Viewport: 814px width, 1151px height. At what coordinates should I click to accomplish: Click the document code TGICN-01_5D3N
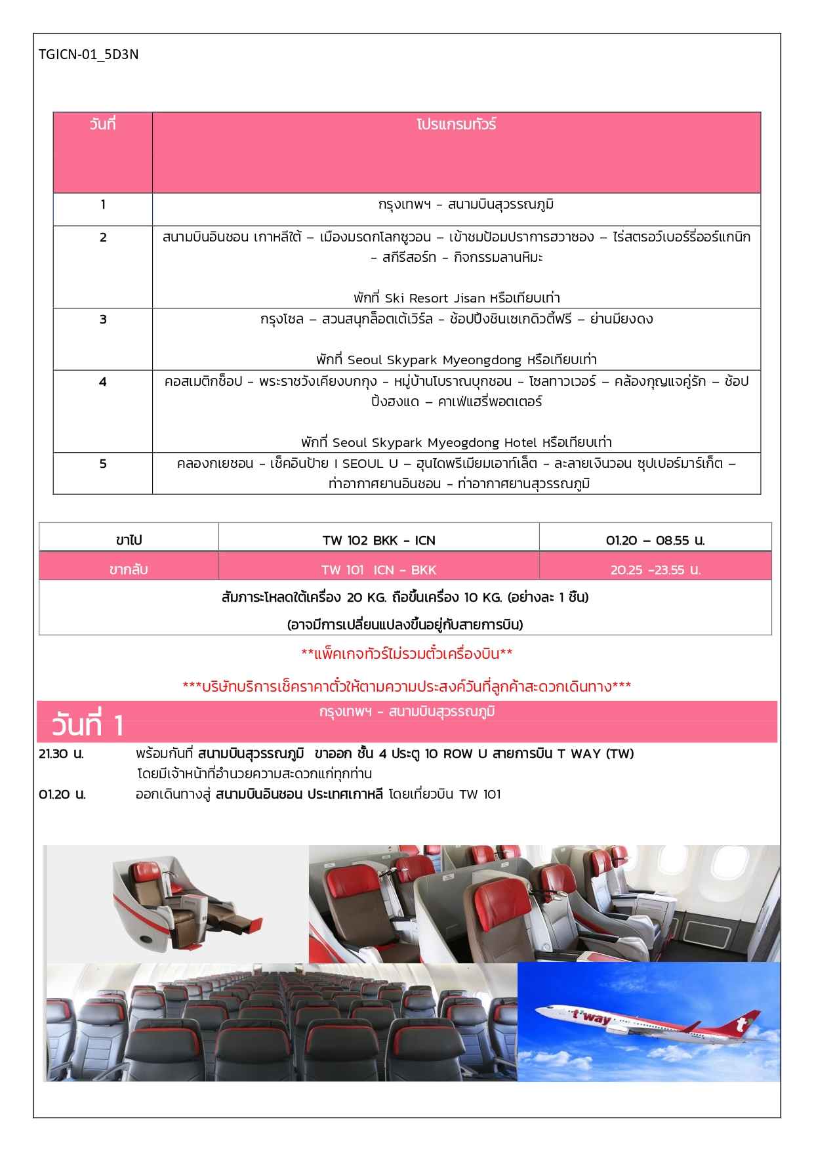(x=89, y=54)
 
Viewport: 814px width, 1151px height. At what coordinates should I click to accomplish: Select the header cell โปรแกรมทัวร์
(x=456, y=124)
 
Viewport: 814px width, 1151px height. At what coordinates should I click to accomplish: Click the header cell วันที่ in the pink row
(x=102, y=124)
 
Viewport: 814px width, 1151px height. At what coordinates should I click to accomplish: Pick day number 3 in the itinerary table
(x=103, y=320)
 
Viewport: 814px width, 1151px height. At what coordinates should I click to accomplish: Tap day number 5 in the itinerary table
(x=103, y=464)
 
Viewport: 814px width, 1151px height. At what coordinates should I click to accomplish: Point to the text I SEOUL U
(x=366, y=464)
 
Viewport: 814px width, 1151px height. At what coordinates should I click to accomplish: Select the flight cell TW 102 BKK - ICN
(x=378, y=541)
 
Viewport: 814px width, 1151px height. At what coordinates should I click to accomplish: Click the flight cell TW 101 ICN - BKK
(x=378, y=570)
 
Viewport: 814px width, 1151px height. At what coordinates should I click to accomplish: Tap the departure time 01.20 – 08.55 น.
(x=655, y=541)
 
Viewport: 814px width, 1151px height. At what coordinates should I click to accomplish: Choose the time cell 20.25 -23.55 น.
(x=655, y=570)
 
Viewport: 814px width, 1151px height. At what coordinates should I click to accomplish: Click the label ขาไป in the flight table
(x=129, y=541)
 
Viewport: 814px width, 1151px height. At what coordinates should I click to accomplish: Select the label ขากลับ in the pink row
(x=129, y=570)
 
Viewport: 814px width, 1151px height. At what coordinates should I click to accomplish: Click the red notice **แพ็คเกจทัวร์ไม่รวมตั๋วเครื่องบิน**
(x=407, y=654)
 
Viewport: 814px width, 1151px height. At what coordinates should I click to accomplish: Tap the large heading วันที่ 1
(x=87, y=726)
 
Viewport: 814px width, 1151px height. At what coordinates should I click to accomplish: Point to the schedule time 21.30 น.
(x=62, y=754)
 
